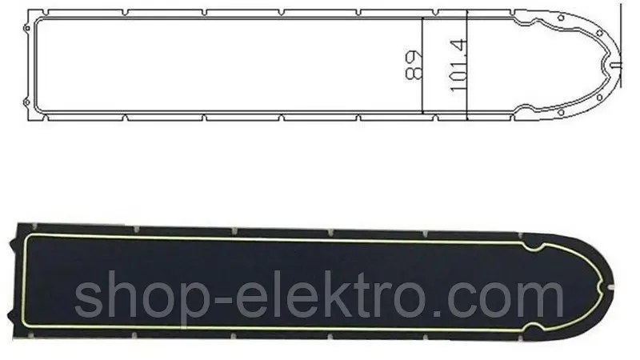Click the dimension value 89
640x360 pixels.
414,66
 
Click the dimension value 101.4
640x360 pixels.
458,66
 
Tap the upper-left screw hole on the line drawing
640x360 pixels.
26,28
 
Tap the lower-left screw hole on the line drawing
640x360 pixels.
26,102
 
